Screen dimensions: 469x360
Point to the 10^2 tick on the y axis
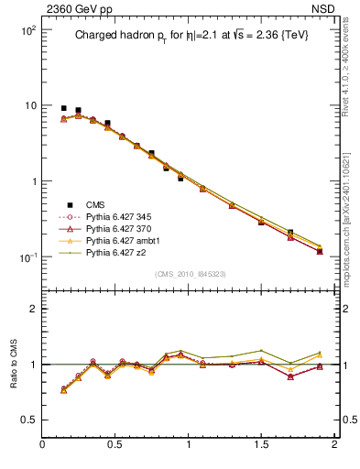[27, 30]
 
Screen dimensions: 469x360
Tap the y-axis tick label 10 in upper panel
[29, 106]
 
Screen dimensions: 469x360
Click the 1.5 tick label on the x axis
[262, 445]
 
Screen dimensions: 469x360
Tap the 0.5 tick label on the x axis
[115, 445]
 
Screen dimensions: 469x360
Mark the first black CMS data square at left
[63, 108]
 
